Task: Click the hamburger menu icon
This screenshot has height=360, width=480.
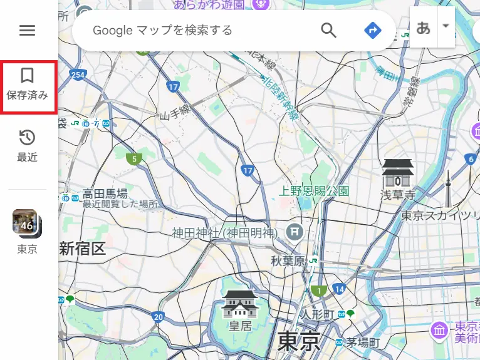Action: pos(27,30)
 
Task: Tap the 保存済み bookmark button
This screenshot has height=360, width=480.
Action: pos(27,86)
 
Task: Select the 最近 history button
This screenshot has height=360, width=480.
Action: pos(27,146)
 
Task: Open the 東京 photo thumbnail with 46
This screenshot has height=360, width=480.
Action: pos(27,224)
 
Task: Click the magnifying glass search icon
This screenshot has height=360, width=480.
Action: pos(328,29)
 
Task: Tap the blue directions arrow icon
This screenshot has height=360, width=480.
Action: pos(373,29)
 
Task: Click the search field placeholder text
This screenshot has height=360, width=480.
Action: pos(162,30)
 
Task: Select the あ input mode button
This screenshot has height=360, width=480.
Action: pos(424,28)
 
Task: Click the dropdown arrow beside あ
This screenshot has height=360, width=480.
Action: pos(446,26)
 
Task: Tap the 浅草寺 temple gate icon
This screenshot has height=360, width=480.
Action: pos(398,172)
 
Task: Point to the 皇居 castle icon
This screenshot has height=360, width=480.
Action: pos(241,304)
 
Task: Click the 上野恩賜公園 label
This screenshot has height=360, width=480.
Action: pos(314,190)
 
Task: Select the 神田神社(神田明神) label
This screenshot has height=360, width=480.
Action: pos(224,233)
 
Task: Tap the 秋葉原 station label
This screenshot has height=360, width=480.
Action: pos(288,260)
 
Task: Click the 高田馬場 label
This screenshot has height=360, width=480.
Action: pos(105,193)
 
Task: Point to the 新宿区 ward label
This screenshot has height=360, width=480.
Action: pos(82,249)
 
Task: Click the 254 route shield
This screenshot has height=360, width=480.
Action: pos(78,75)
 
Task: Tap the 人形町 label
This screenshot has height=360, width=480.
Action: pos(317,313)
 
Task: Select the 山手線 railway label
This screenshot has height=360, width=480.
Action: pos(175,115)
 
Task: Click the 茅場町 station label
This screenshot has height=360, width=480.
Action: pos(363,342)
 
